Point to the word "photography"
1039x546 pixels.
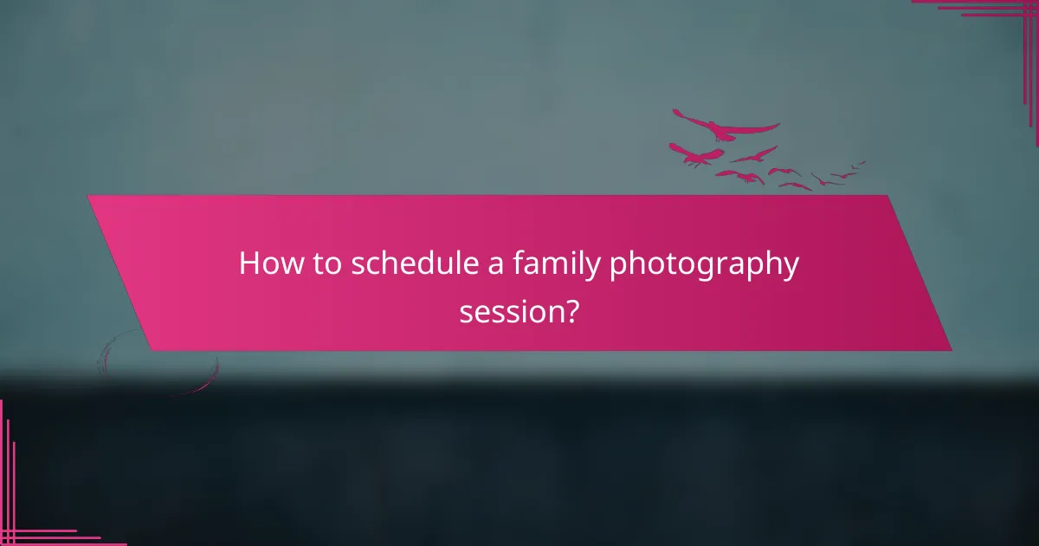(704, 265)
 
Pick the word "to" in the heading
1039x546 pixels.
(326, 263)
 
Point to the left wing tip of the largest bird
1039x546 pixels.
(675, 112)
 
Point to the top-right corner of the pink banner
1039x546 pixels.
(887, 196)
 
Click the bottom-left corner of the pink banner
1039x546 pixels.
(152, 350)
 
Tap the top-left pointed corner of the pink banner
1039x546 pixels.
(88, 196)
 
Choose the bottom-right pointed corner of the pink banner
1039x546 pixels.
(950, 350)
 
